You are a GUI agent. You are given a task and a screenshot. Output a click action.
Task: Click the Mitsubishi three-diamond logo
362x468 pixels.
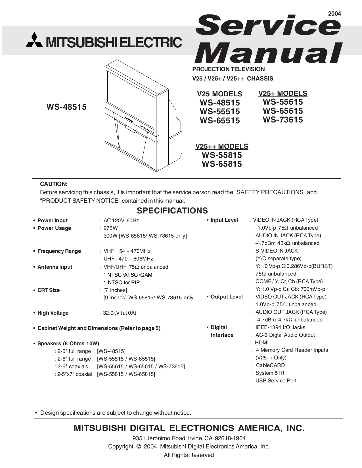[x=34, y=41]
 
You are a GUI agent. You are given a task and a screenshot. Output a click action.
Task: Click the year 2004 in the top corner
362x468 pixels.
[x=334, y=14]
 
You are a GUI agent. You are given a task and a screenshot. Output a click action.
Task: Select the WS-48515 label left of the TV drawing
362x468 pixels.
[x=66, y=107]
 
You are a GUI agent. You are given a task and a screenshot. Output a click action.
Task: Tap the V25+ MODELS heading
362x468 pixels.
[x=283, y=94]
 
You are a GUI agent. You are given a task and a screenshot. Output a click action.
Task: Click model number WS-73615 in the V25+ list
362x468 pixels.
[x=283, y=120]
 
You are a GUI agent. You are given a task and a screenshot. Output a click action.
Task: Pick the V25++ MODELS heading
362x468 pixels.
[x=221, y=147]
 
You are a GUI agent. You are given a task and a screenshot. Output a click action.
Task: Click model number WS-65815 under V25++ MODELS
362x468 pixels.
[x=221, y=164]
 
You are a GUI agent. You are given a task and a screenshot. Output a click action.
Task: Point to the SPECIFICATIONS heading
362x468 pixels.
[x=172, y=211]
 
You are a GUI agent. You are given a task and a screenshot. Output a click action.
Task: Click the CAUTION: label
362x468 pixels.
[x=54, y=184]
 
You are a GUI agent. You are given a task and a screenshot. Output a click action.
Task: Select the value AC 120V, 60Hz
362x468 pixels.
[x=121, y=221]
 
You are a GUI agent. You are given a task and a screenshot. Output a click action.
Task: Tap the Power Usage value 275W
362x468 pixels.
[x=110, y=228]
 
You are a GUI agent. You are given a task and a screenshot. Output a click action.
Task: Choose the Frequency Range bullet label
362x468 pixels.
[x=59, y=251]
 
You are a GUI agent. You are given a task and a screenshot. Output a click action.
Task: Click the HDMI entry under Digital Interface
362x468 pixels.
[x=261, y=342]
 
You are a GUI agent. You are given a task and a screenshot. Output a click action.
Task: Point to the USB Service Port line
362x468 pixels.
[x=276, y=381]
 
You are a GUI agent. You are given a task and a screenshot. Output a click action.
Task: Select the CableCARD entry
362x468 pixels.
[x=270, y=365]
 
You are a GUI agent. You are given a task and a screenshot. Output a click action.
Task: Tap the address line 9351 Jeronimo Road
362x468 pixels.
[x=189, y=438]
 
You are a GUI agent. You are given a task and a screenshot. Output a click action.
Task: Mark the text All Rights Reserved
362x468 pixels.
[x=189, y=455]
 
